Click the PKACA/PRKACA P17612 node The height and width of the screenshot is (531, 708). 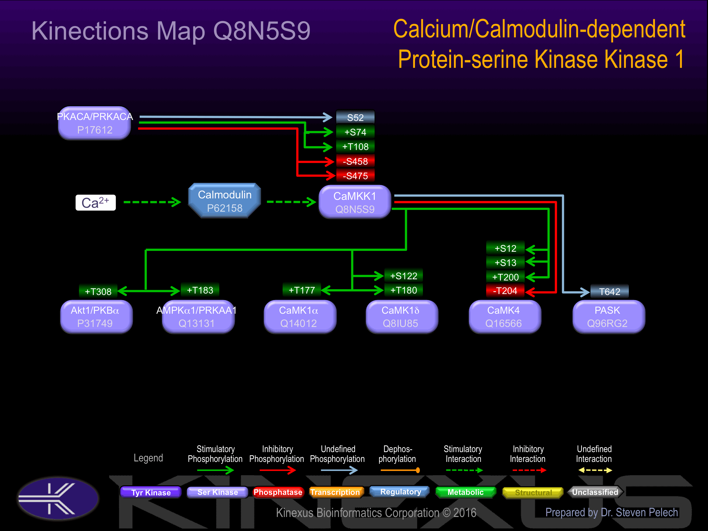[95, 123]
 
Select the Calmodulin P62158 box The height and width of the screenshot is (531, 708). [224, 201]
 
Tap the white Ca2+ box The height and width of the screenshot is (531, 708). [95, 203]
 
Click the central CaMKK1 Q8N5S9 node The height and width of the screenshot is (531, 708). [355, 202]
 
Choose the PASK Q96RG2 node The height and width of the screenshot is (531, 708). [608, 317]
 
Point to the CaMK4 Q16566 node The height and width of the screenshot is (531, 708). [505, 317]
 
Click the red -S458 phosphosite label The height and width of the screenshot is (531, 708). [355, 161]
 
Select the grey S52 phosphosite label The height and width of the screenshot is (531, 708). [355, 118]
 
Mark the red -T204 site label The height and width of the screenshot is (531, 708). [505, 291]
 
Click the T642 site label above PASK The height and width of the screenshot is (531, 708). [609, 291]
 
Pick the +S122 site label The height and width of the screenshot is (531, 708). [404, 276]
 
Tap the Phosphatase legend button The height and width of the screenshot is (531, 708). [278, 492]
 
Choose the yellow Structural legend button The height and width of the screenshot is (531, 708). [533, 492]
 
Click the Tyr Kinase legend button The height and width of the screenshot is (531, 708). [151, 492]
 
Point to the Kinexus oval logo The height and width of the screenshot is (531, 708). [58, 498]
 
